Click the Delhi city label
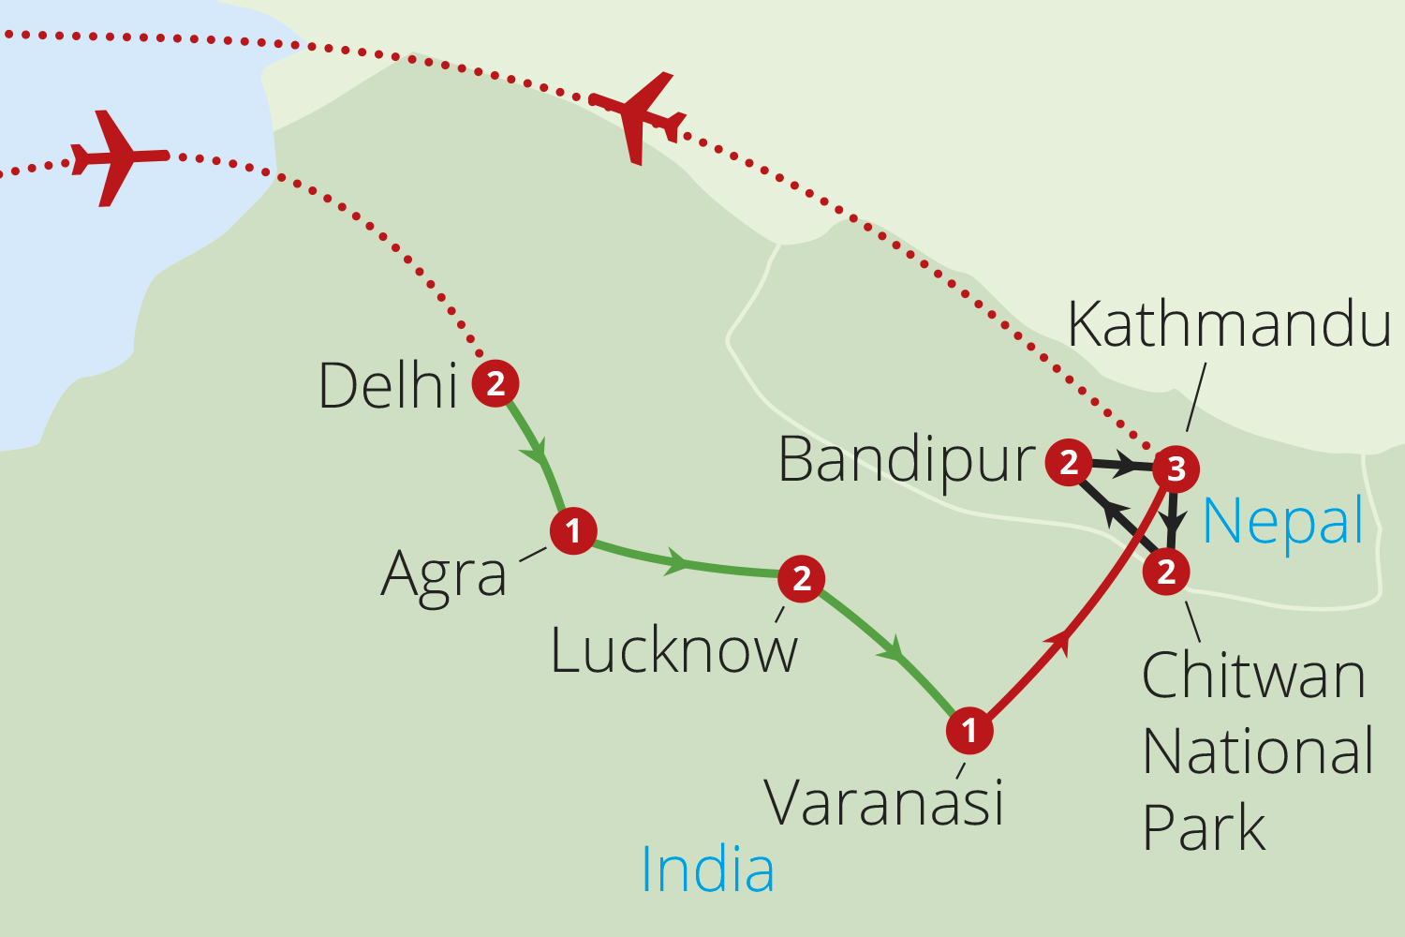point(388,385)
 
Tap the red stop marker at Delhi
point(495,382)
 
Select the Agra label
point(444,574)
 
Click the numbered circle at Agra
point(573,531)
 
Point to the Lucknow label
point(673,650)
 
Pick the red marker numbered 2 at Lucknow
point(801,578)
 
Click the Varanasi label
point(884,802)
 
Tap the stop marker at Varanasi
point(969,729)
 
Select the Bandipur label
point(907,460)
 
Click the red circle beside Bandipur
point(1069,461)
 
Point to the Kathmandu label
point(1229,325)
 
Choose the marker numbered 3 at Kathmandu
point(1176,468)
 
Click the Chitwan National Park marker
point(1166,571)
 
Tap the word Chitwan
point(1253,675)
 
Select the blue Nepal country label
point(1282,521)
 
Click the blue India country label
point(707,870)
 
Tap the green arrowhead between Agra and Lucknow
point(677,563)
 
